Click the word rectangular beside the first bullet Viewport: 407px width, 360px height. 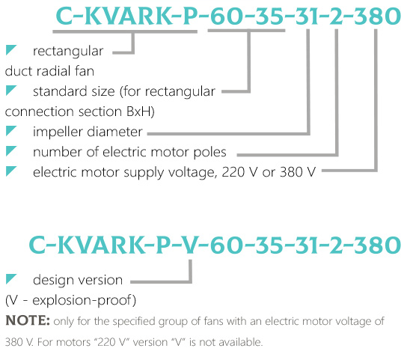[68, 52]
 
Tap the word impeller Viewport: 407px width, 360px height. [58, 132]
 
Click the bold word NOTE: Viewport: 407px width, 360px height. [28, 320]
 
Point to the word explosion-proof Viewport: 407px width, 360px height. [84, 301]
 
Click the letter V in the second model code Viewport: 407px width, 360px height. [191, 245]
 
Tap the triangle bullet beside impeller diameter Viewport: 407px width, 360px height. [11, 131]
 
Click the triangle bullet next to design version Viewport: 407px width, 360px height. [11, 278]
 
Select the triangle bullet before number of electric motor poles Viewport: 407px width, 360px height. [11, 151]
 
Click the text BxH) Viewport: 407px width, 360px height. [141, 112]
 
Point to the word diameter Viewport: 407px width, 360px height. [114, 132]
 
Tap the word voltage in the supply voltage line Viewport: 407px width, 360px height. [192, 172]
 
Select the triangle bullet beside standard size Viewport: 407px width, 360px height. [11, 90]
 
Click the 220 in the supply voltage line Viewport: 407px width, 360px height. [233, 172]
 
